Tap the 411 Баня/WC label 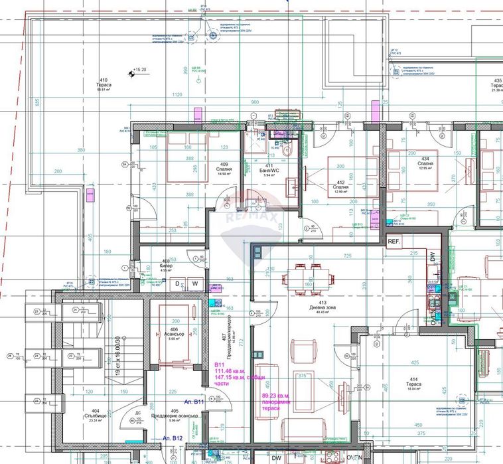(x=269, y=169)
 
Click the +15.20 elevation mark (x=138, y=70)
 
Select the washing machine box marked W (x=195, y=284)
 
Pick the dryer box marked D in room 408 (x=177, y=284)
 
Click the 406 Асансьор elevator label (x=174, y=334)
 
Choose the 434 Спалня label (x=426, y=165)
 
